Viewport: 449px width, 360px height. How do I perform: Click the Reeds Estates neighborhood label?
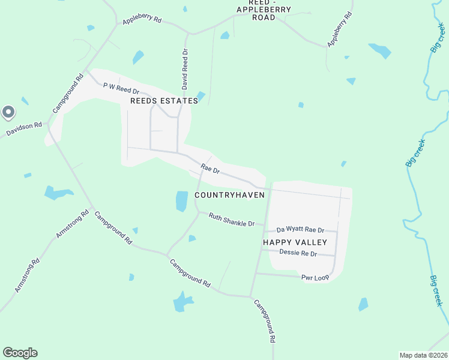(x=164, y=101)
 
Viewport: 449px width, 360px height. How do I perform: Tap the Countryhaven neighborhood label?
(x=229, y=196)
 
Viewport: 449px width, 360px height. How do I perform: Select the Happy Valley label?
(x=295, y=242)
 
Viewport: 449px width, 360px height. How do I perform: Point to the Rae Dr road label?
(x=211, y=170)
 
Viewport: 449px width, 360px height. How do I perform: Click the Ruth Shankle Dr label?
(x=232, y=220)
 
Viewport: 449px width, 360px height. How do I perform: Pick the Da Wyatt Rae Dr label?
(x=300, y=230)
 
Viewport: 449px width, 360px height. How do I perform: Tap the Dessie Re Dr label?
(x=298, y=253)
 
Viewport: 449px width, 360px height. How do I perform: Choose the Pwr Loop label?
(x=315, y=278)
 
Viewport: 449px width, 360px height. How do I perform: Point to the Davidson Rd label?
(x=24, y=129)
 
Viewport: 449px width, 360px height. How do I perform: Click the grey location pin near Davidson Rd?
(x=8, y=112)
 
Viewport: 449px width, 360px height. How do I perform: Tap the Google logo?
(x=20, y=353)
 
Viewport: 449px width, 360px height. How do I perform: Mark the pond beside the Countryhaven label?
(x=182, y=201)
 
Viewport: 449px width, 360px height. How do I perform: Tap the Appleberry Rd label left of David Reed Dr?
(x=142, y=20)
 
